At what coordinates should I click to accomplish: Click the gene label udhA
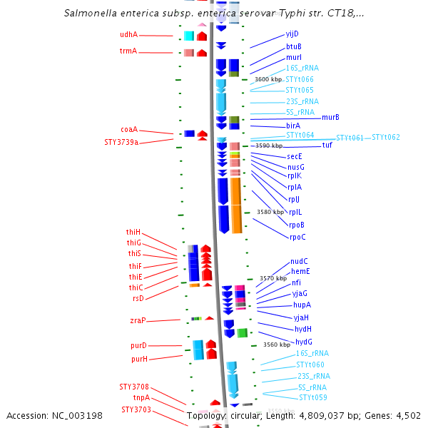tap(128, 34)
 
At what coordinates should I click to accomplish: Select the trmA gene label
tap(128, 51)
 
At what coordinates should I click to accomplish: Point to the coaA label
tap(129, 130)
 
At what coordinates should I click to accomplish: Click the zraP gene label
tap(138, 321)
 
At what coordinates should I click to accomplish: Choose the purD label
tap(138, 345)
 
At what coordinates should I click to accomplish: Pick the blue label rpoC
tap(297, 237)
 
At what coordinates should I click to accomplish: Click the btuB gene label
tap(294, 46)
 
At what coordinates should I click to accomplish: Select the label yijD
tap(292, 34)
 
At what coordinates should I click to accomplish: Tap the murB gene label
tap(330, 117)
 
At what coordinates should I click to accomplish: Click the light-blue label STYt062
tap(386, 137)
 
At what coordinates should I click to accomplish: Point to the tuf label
tap(327, 145)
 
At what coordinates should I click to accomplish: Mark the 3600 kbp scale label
tap(268, 79)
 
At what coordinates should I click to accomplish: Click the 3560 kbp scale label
tap(277, 345)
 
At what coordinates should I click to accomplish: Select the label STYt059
tap(313, 397)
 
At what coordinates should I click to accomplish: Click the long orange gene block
tap(236, 205)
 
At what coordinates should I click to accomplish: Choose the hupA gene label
tap(302, 305)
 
